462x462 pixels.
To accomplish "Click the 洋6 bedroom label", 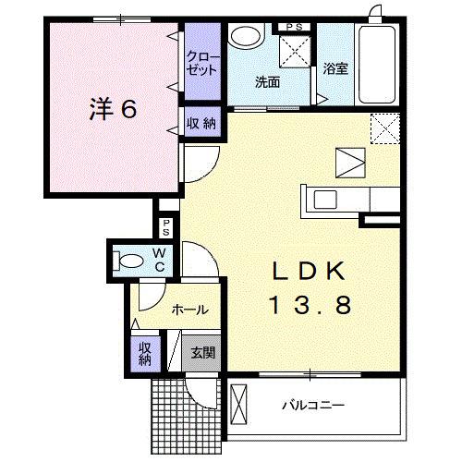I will click(113, 109).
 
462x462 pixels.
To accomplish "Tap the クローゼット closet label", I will click(201, 61).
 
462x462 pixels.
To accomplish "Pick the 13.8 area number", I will click(310, 305).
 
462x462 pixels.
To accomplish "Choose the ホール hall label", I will click(189, 310).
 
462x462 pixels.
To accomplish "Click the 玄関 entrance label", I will click(203, 351).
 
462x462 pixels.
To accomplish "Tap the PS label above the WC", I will click(166, 227).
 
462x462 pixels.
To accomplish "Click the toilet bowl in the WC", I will click(130, 260).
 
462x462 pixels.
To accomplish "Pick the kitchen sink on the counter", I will click(327, 199).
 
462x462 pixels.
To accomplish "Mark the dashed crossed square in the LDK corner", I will click(383, 127).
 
